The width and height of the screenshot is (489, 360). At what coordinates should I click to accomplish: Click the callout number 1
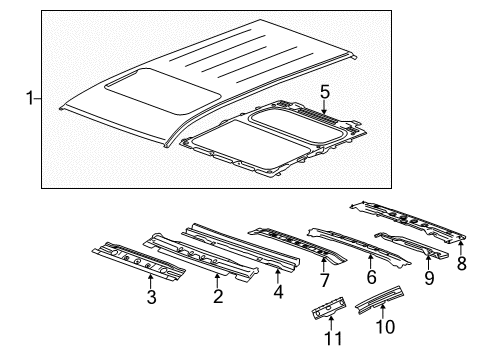[30, 99]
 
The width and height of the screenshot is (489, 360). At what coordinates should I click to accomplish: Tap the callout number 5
[325, 92]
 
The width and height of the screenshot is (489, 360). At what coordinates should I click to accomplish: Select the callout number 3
[151, 297]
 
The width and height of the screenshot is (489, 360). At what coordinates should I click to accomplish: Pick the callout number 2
[218, 296]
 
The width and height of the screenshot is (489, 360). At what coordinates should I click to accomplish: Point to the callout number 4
[278, 292]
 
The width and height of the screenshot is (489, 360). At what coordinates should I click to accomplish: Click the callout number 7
[324, 280]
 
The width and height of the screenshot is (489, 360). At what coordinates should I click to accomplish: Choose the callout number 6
[371, 277]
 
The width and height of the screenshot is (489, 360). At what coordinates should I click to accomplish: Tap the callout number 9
[429, 278]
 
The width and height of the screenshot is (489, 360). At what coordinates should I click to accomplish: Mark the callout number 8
[462, 263]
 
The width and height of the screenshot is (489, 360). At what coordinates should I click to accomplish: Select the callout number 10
[385, 326]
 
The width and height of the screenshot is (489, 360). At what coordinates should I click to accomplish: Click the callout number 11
[333, 339]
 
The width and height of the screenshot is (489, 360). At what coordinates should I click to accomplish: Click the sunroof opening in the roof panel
[162, 91]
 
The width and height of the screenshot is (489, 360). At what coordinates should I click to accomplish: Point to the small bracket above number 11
[329, 308]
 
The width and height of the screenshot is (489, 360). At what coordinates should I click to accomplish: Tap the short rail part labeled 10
[380, 299]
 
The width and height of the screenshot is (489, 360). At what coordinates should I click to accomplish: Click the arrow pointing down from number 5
[324, 107]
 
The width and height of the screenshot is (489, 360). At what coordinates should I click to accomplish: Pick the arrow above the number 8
[461, 247]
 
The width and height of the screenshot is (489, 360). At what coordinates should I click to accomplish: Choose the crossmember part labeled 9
[411, 245]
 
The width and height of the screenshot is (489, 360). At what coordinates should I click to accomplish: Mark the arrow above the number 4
[278, 276]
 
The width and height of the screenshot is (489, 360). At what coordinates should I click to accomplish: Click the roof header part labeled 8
[408, 220]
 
